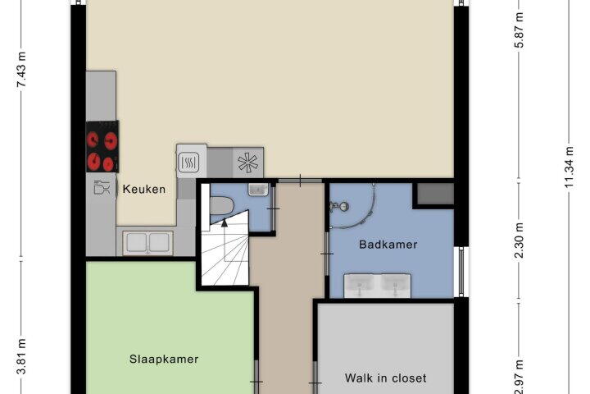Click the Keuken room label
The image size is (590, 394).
[x=144, y=189]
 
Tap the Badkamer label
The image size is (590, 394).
[x=388, y=245]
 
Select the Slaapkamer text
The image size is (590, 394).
[x=164, y=359]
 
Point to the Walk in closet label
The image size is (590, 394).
[x=386, y=378]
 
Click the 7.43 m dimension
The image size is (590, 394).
[x=22, y=70]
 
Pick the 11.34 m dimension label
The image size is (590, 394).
[x=570, y=167]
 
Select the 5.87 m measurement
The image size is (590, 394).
[x=520, y=30]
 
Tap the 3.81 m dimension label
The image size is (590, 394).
[x=22, y=356]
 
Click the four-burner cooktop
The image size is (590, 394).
[x=102, y=147]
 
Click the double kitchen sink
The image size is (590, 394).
[x=147, y=242]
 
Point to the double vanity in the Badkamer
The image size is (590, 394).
[x=378, y=286]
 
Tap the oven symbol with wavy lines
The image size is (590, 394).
[x=188, y=163]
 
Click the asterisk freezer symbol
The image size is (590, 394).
[x=248, y=163]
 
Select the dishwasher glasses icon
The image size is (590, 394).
[x=102, y=187]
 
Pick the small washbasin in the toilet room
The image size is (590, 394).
[x=258, y=190]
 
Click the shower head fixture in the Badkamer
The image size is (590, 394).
[x=340, y=206]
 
